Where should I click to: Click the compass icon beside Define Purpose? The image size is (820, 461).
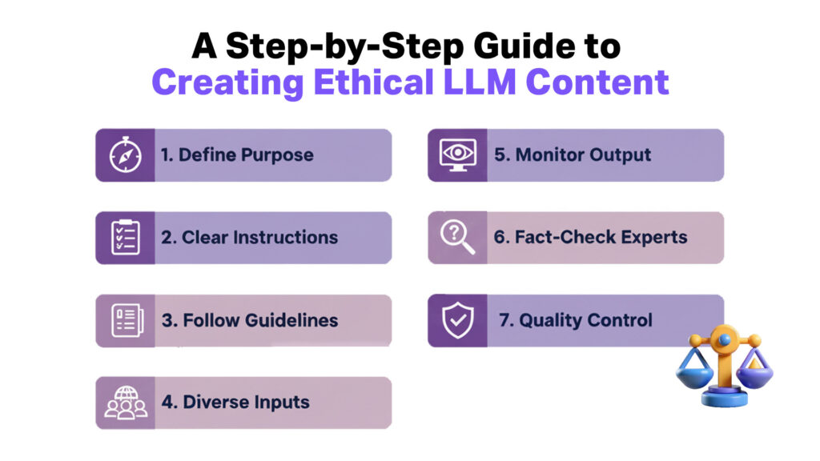[125, 155]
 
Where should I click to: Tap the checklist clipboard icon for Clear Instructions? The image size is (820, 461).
[125, 238]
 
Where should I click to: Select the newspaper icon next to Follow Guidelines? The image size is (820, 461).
[125, 320]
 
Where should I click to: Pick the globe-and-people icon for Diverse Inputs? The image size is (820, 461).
[125, 403]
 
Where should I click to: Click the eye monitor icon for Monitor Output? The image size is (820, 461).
[457, 155]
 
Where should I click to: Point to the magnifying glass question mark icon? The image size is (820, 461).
[457, 238]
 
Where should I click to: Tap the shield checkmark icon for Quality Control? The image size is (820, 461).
[457, 320]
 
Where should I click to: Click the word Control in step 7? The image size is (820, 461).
[621, 321]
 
